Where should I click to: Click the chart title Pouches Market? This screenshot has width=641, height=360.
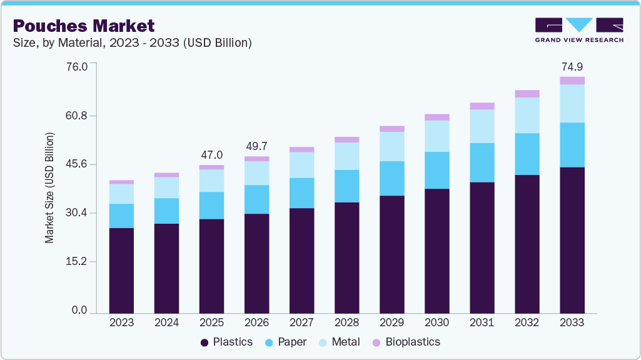coord(83,26)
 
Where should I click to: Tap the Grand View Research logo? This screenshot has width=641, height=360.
coord(579,29)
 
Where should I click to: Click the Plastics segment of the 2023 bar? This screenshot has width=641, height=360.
coord(121,270)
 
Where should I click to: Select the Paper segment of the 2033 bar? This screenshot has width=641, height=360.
coord(572,145)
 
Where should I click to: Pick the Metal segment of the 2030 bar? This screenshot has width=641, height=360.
coord(437,136)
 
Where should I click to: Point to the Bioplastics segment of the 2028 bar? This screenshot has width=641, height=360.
coord(346,140)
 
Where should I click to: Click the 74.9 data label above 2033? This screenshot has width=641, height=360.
coord(572,67)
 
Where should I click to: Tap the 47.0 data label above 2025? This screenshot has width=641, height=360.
coord(211,155)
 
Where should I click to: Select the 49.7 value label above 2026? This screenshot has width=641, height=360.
coord(256,146)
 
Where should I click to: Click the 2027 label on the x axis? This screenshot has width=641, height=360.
coord(301,322)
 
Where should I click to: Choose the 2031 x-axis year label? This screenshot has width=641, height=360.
coord(482,322)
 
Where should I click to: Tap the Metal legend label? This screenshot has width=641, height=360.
coord(346,342)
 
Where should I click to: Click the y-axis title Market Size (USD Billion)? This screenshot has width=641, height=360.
coord(49,188)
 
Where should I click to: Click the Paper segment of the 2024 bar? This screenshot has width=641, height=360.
coord(166,211)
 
